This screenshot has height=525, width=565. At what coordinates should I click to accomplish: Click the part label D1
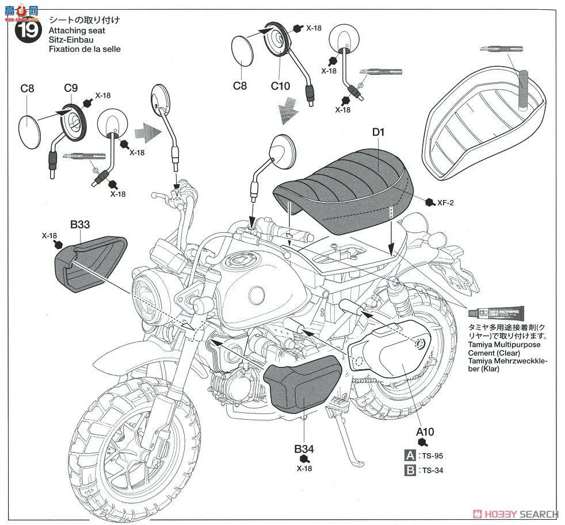[377, 133]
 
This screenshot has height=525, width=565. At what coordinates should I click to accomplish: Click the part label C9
[71, 88]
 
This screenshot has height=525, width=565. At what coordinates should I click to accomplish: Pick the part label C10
[281, 86]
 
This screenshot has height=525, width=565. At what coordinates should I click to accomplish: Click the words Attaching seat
[72, 30]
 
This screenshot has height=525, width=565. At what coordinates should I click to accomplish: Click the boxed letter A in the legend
[410, 455]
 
